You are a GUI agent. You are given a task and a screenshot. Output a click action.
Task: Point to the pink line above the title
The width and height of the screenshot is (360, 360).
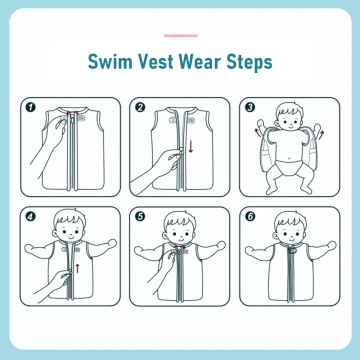point(180,36)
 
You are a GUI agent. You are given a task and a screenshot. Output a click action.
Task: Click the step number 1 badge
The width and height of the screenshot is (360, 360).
point(31,107)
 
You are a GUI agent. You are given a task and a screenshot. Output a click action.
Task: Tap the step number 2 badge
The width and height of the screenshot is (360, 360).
point(140,107)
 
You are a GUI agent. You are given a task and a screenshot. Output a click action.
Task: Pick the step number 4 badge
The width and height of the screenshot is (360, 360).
point(31,216)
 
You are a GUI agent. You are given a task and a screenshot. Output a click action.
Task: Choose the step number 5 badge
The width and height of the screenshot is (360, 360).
point(140,216)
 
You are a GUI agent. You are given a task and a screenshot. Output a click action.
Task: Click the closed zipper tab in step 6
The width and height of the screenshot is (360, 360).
point(289,252)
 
